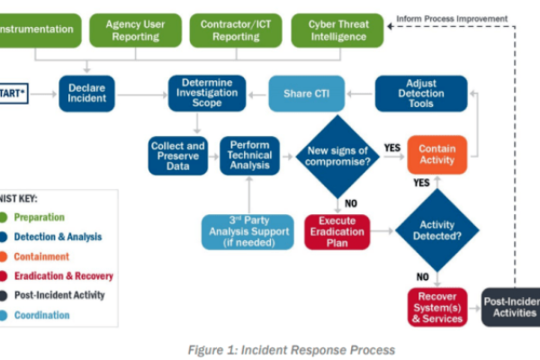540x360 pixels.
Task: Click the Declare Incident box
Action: (x=88, y=94)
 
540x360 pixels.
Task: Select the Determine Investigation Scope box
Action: (x=206, y=94)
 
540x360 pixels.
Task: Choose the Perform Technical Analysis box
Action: (x=250, y=154)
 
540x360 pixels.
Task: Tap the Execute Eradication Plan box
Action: (x=337, y=231)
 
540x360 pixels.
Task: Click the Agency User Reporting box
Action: (x=135, y=30)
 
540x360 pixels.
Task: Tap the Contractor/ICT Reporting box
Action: (x=236, y=30)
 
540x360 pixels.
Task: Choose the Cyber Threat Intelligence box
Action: (x=337, y=30)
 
